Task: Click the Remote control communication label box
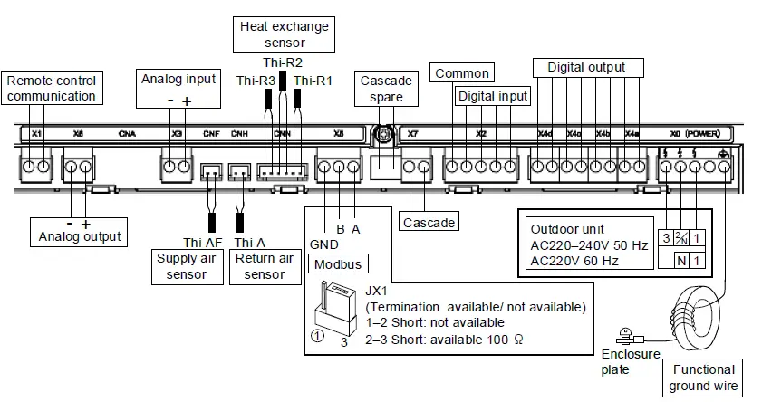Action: pyautogui.click(x=51, y=88)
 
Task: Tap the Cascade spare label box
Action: pyautogui.click(x=386, y=87)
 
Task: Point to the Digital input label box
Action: pyautogui.click(x=492, y=95)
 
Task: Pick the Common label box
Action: pyautogui.click(x=462, y=73)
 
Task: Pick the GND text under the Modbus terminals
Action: pyautogui.click(x=323, y=244)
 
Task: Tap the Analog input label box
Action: pyautogui.click(x=178, y=79)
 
